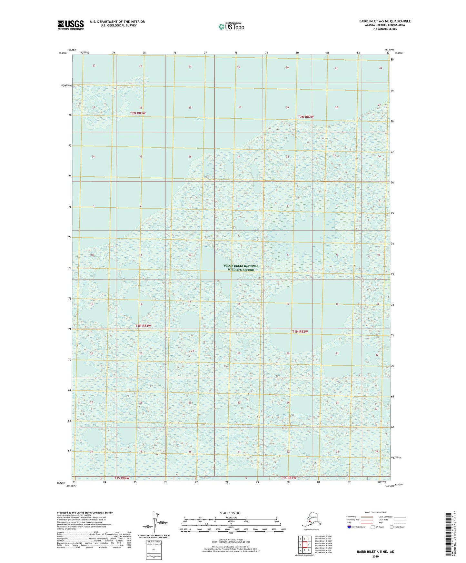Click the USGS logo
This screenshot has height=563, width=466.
coord(71,25)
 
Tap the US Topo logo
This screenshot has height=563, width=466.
coord(231,26)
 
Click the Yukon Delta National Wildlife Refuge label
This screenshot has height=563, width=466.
coord(241,268)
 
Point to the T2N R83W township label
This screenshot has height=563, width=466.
coord(138,113)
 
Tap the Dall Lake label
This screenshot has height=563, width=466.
coord(200,120)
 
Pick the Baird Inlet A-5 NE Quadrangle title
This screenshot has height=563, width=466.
coord(385,21)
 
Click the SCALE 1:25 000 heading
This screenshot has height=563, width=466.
coord(230,513)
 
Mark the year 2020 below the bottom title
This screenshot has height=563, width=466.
coord(375,556)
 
